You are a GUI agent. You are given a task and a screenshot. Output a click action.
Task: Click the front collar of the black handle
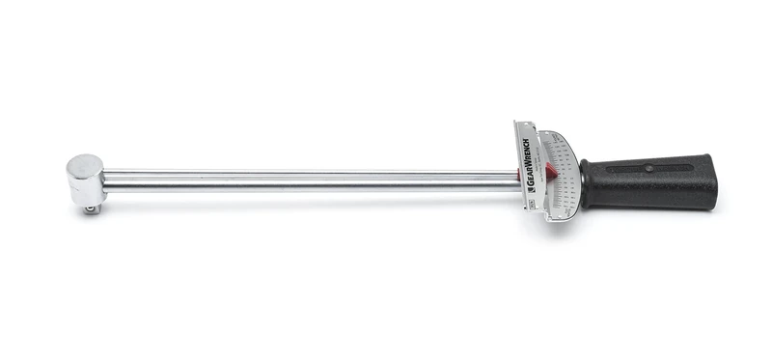pos(585,183)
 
